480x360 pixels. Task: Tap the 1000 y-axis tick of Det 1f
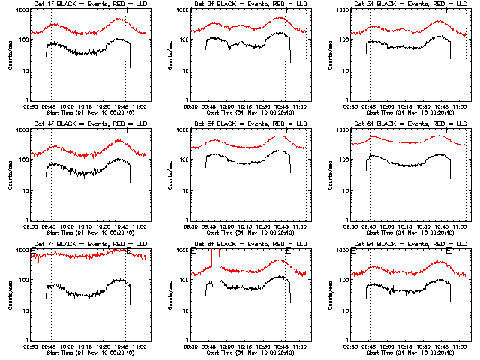coord(22,11)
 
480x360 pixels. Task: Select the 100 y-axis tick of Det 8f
coord(184,280)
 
